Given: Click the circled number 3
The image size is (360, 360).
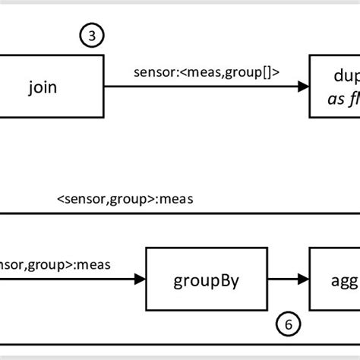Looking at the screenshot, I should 91,36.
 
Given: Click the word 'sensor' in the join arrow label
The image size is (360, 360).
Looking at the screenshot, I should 150,73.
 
